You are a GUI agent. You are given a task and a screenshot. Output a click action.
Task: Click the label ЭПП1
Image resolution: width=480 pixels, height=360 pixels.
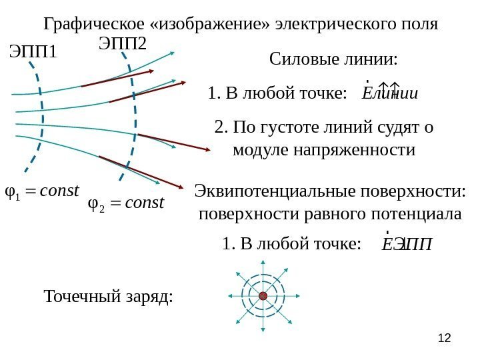pos(34,51)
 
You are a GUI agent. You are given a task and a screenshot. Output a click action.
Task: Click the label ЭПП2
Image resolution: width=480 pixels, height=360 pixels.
pos(123,44)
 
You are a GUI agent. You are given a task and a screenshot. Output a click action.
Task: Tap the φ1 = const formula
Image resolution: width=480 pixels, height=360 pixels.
pos(41,192)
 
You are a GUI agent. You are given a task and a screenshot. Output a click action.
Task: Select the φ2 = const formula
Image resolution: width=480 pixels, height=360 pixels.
pos(126,202)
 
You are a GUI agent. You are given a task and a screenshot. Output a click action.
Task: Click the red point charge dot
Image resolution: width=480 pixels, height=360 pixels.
pos(263,295)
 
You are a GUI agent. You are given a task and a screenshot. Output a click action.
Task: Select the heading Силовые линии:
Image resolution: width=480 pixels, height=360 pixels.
pos(333,60)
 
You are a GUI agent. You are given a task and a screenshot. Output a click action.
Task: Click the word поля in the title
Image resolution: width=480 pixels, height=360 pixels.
pos(421,25)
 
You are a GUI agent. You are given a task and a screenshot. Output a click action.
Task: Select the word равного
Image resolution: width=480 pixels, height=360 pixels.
pos(332,214)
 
